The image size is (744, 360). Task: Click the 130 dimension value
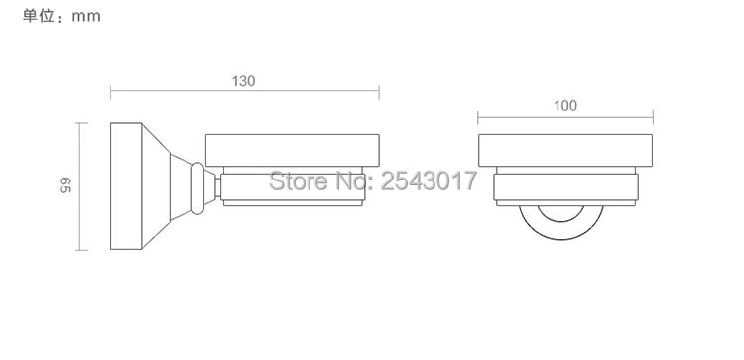(243, 81)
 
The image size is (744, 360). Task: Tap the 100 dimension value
(565, 106)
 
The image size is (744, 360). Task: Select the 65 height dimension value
(65, 185)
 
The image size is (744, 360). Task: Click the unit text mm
(86, 16)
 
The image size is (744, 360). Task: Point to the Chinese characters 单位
(39, 16)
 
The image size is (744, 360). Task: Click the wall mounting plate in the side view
(126, 185)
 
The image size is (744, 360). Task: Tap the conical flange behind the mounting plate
(156, 185)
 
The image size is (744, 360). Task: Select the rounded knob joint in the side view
(197, 187)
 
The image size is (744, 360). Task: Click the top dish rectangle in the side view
(293, 151)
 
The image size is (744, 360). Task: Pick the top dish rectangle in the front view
(565, 151)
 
